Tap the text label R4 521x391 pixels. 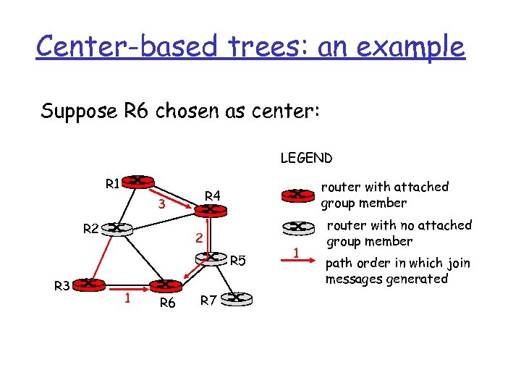coord(212,195)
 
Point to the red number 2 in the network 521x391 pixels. coord(196,239)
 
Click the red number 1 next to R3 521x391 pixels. coord(126,297)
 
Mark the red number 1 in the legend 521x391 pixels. coord(295,253)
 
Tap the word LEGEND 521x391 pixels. coord(306,158)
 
